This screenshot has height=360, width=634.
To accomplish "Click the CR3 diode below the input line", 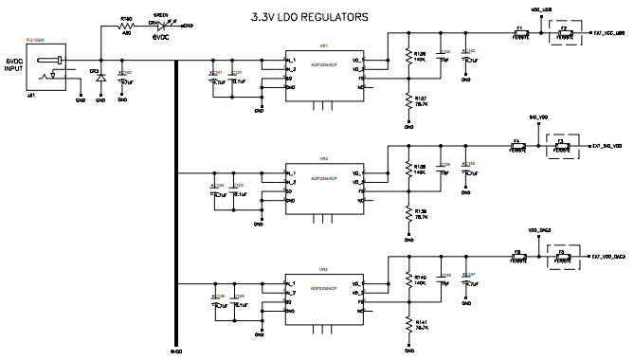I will coord(100,79).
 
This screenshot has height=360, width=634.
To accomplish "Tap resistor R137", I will coord(408,101).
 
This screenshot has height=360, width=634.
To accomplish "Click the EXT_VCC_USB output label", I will coord(607,34).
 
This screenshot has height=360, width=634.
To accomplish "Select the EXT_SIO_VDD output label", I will coord(607,146).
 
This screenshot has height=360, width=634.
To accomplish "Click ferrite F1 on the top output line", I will coord(520,34).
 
